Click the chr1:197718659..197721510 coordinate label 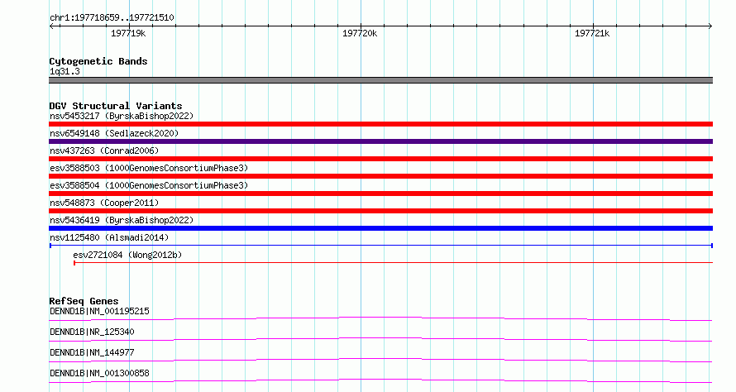click(112, 18)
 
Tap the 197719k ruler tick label click(128, 33)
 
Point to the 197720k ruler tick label click(360, 33)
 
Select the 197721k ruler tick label click(592, 33)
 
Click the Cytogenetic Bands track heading click(98, 61)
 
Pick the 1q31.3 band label click(65, 71)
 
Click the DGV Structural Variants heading click(116, 106)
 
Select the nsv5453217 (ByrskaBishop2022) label click(122, 116)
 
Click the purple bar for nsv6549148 click(380, 141)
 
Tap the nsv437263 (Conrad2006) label click(104, 151)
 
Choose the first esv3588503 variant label click(149, 168)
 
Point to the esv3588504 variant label click(149, 185)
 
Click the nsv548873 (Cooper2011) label click(104, 203)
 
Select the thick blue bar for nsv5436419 click(380, 228)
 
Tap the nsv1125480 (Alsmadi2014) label click(109, 237)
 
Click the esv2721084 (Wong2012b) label click(127, 255)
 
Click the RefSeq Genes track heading click(84, 301)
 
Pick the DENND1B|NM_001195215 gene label click(99, 311)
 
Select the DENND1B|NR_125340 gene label click(92, 332)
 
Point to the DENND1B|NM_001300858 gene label click(99, 373)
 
